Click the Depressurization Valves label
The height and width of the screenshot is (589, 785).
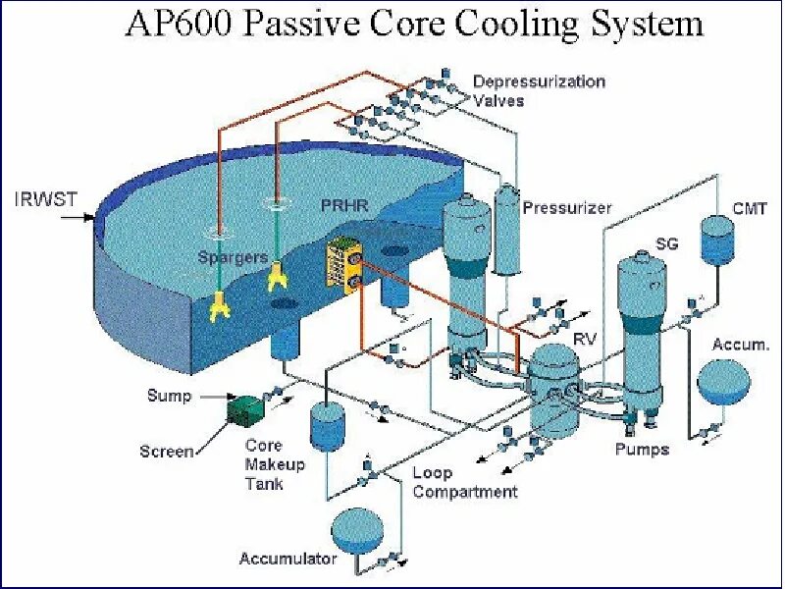[x=539, y=90]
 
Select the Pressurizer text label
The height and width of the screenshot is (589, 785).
[x=567, y=208]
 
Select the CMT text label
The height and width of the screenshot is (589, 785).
[x=750, y=208]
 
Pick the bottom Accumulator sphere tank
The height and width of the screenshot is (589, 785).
[x=359, y=531]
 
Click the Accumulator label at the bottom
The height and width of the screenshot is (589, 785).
[x=288, y=560]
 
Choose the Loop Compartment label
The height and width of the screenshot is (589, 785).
[x=464, y=483]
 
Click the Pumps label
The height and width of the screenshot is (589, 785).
[x=642, y=449]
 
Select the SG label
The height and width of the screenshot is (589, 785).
[x=666, y=243]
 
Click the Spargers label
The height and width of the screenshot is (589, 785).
[x=233, y=257]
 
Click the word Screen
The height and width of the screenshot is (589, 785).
[x=167, y=452]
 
